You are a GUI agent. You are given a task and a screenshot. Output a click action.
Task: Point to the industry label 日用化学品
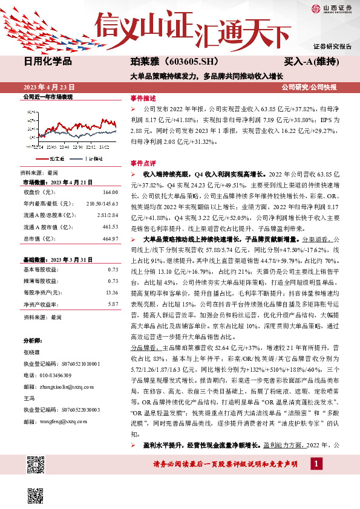pos(48,61)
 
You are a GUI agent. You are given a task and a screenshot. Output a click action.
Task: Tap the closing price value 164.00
pos(111,192)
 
